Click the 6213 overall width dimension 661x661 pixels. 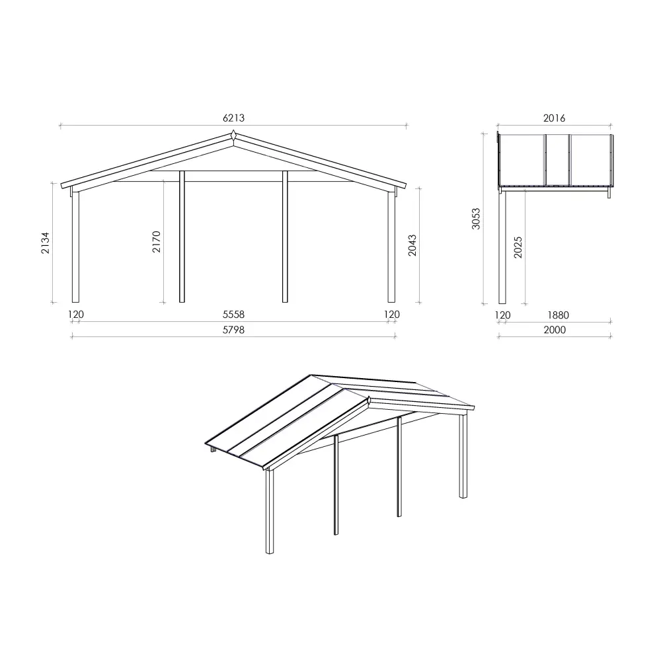[x=233, y=118]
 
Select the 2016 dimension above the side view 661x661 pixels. [x=555, y=118]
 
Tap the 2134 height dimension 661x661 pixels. [x=45, y=243]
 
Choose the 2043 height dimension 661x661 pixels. [x=412, y=245]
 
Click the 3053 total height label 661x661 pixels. [x=476, y=219]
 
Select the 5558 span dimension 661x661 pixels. [x=233, y=315]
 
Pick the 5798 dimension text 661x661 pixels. [x=233, y=330]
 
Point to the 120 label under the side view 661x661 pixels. [x=503, y=315]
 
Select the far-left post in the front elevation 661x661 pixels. [x=75, y=247]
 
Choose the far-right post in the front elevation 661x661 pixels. [x=391, y=247]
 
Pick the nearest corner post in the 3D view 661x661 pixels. [x=270, y=512]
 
